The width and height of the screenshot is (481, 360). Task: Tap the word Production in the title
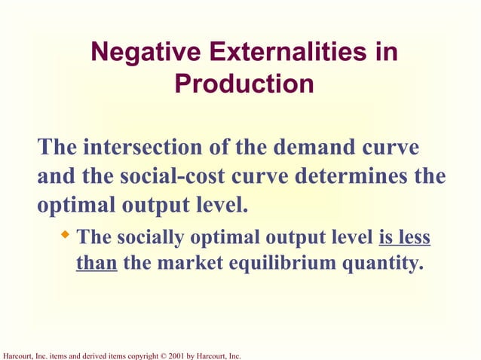click(244, 84)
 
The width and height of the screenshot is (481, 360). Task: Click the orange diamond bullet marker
click(65, 236)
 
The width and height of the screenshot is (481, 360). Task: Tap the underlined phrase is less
click(404, 238)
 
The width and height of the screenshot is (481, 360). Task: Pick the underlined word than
click(96, 264)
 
